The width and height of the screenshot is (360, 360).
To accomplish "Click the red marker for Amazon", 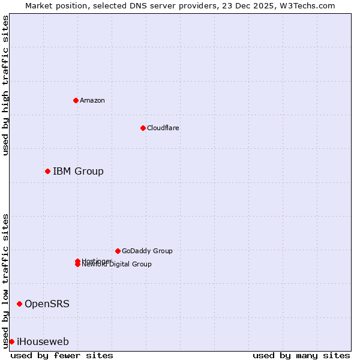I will pos(76,100).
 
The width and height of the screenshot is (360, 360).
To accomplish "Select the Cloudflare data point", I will pos(143,128).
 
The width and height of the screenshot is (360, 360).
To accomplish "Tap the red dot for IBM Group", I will pos(47,172).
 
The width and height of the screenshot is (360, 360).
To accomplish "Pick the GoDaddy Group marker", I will pos(118,251).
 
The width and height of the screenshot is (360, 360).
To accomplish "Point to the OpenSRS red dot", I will pos(19,304).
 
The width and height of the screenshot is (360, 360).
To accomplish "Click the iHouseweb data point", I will pos(11,342).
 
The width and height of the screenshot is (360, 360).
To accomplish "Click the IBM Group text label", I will pos(78,172).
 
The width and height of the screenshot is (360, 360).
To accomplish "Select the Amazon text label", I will pos(92,100).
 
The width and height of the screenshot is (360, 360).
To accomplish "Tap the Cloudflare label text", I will pos(163,128).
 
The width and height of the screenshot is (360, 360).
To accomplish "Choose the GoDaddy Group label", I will pos(147,251).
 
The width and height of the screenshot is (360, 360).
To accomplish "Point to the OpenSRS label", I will pos(47,304).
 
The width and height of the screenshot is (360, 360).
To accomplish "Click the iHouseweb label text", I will pos(43,342).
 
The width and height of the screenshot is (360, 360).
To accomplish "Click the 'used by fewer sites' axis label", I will pos(62,356).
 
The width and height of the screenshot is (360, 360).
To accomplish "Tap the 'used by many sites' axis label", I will pos(301,356).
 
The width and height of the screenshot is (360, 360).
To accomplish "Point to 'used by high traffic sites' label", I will pos(5,85).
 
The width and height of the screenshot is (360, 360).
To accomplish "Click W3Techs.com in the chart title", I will pos(307,5).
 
